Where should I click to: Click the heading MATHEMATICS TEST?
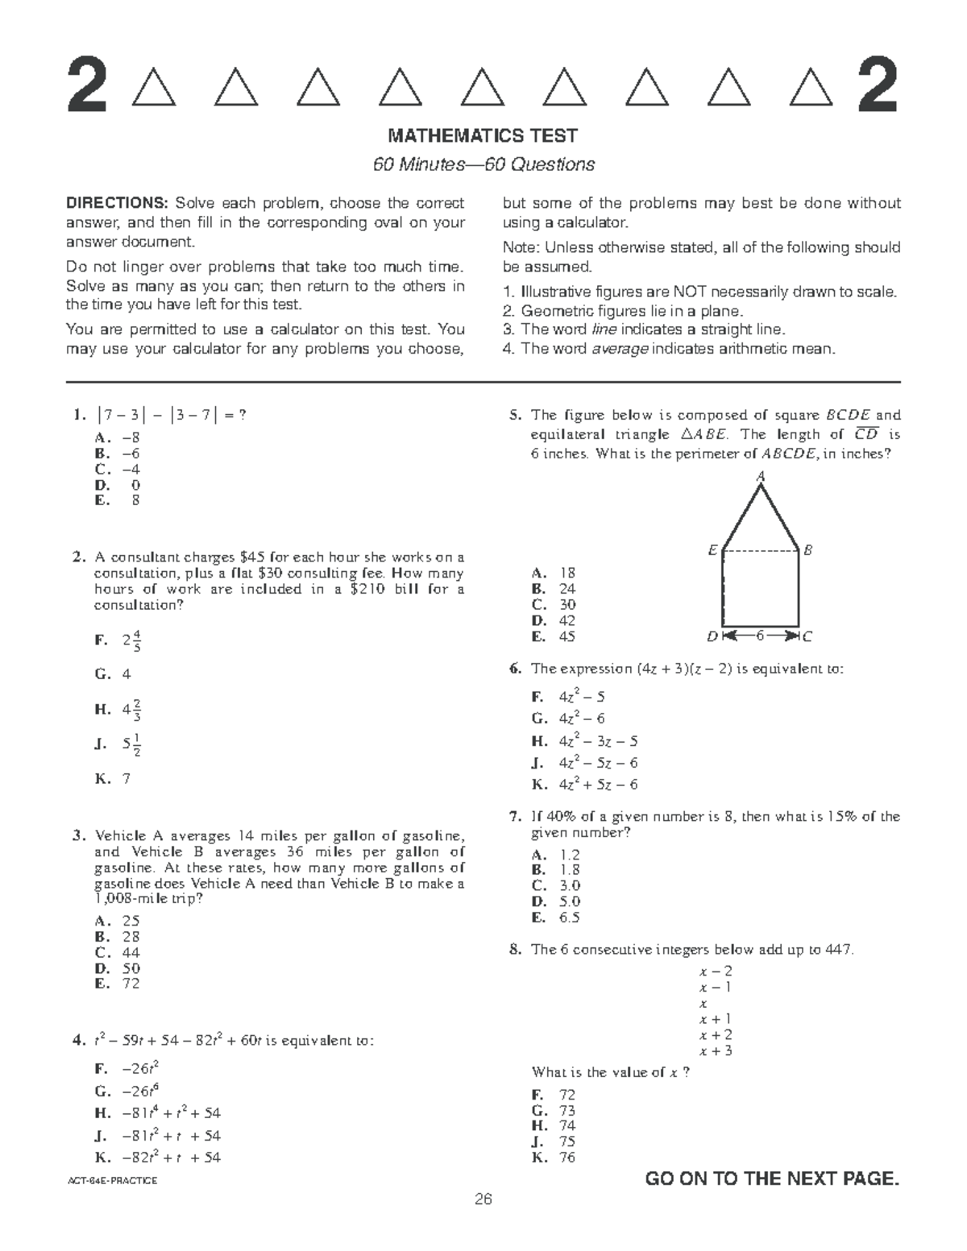483,135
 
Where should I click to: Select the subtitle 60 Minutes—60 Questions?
483,164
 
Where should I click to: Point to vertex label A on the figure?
759,477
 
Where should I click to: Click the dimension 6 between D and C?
759,636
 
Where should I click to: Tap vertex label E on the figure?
712,550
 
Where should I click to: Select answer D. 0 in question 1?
118,485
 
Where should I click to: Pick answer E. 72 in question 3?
118,984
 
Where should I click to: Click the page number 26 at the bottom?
483,1199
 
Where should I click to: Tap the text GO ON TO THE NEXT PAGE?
772,1179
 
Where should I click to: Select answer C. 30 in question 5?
554,605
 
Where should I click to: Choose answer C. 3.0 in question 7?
556,886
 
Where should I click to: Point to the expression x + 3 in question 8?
716,1050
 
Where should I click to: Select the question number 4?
78,1041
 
